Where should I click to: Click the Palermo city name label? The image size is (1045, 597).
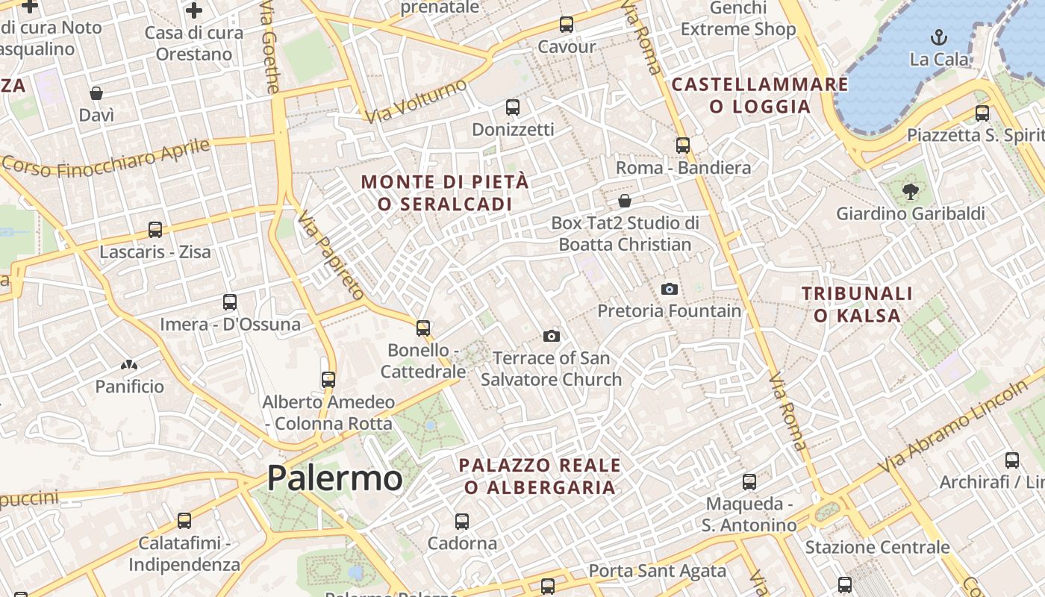coord(334,478)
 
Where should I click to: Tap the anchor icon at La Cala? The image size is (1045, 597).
coord(938,37)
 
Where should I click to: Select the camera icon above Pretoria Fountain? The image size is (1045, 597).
coord(670,289)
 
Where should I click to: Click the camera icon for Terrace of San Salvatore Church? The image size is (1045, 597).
coord(552,336)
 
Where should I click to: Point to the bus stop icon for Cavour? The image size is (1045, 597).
coord(567,25)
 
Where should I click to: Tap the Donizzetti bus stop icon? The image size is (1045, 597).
coord(513,107)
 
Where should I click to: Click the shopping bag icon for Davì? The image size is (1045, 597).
coord(96,93)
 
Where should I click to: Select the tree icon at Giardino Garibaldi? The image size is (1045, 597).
coord(910,192)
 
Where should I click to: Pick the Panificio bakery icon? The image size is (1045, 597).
coord(129,365)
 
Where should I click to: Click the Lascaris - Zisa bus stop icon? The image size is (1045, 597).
coord(155,230)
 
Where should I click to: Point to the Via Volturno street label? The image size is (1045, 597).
coord(415,101)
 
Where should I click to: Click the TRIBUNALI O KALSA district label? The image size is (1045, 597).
coord(857,304)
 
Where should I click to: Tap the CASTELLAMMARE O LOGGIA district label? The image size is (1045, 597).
coord(760,95)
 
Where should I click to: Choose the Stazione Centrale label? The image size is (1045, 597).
coord(877,547)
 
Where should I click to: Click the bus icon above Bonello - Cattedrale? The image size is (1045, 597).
coord(423,328)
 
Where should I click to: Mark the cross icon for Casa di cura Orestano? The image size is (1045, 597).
coord(194,10)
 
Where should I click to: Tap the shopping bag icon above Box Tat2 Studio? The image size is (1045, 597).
coord(625,201)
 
